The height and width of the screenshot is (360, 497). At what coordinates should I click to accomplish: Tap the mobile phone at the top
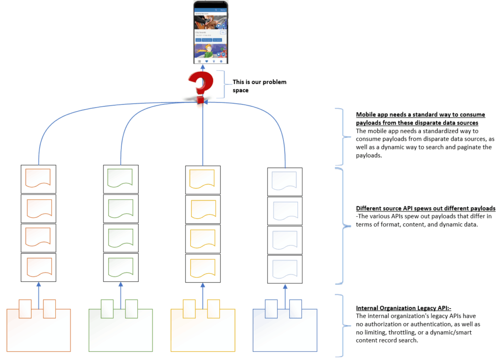click(x=210, y=33)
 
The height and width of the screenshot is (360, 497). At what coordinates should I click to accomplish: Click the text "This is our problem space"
click(x=259, y=86)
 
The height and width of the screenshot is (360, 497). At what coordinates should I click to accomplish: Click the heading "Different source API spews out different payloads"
click(x=426, y=208)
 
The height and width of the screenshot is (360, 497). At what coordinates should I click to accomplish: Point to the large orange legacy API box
click(x=38, y=330)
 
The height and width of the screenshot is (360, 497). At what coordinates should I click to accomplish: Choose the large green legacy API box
click(x=120, y=330)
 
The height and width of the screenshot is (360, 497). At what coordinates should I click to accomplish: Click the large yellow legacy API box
click(x=202, y=330)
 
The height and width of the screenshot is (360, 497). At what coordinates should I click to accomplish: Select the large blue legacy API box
click(x=284, y=330)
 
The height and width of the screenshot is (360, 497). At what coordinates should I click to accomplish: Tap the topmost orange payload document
click(x=39, y=179)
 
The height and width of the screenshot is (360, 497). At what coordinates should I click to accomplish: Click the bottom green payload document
click(x=121, y=267)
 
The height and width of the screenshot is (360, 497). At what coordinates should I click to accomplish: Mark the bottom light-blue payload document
click(x=285, y=269)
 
